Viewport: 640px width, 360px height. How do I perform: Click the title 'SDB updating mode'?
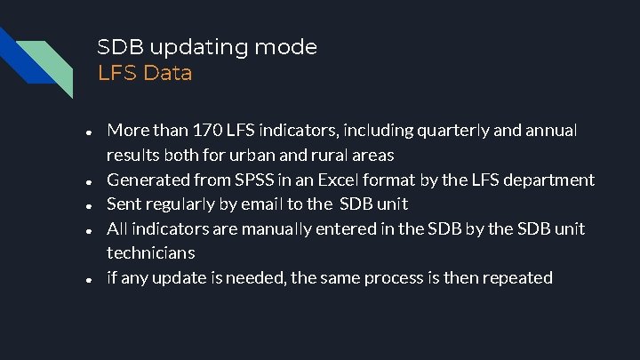tap(206, 47)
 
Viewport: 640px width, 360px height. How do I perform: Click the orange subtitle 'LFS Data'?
tap(145, 73)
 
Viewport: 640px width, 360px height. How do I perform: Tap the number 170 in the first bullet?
tap(207, 131)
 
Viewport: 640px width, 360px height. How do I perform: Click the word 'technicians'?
tap(150, 253)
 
